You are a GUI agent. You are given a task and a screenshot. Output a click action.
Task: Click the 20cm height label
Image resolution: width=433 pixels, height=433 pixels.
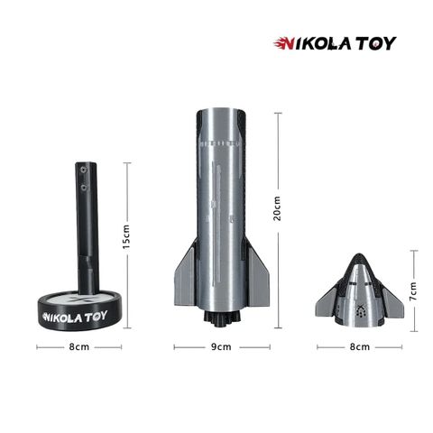point(277,208)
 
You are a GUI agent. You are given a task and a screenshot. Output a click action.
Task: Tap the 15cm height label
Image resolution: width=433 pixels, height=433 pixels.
point(126,236)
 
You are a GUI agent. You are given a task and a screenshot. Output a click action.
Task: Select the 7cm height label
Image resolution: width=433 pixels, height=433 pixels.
point(413,291)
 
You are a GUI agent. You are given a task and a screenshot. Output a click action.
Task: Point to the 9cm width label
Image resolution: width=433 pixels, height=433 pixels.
point(221,346)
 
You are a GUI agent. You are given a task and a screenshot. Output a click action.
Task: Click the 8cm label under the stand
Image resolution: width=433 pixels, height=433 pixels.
point(79,346)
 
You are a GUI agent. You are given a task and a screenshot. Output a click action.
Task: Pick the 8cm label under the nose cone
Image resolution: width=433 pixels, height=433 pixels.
point(360,346)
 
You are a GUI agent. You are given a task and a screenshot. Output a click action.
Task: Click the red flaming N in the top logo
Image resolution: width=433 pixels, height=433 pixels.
point(284,43)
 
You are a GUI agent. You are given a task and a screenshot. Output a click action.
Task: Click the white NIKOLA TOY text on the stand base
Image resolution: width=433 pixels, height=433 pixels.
point(75,317)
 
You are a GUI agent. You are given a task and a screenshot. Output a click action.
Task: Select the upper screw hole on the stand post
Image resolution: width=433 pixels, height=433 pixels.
point(83,170)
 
